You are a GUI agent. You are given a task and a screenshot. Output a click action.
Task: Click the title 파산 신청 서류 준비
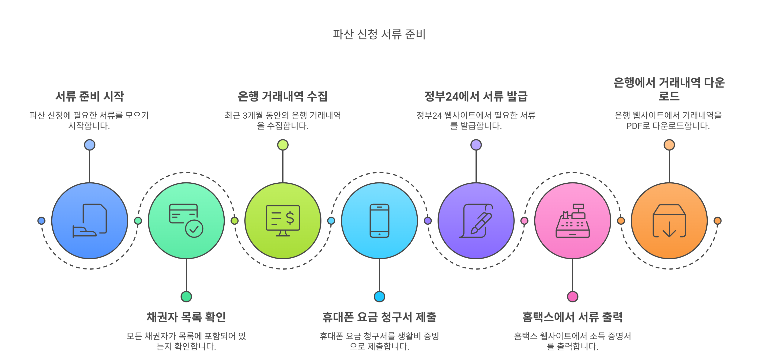point(379,34)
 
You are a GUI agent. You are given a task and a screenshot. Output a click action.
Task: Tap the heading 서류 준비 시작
point(90,96)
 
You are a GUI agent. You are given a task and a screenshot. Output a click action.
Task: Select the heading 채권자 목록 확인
point(186,317)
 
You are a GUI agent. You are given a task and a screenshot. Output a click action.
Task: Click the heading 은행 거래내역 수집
point(283,96)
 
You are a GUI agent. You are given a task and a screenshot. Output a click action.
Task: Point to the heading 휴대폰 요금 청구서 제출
point(379,317)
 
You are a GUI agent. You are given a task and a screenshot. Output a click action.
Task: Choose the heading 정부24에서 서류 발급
point(476,96)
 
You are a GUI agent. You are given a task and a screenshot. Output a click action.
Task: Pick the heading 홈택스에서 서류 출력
point(572,317)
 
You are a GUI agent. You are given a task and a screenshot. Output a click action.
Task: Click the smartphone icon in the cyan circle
point(379,221)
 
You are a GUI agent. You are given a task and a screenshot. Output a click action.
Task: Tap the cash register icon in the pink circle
point(573,221)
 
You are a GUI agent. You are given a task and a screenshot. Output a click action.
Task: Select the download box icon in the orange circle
point(669,221)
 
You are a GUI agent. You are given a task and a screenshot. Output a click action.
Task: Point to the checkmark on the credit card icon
point(194,229)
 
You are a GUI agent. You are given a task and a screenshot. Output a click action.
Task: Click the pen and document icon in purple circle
point(476,221)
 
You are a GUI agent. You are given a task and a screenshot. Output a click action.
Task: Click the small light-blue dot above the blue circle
point(90,145)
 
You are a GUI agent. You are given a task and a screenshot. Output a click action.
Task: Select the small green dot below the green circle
point(186,297)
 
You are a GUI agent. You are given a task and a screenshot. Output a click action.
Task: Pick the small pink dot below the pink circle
point(573,297)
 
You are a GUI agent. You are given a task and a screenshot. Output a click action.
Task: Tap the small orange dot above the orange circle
point(669,145)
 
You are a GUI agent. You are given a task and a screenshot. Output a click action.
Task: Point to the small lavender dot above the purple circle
point(476,145)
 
